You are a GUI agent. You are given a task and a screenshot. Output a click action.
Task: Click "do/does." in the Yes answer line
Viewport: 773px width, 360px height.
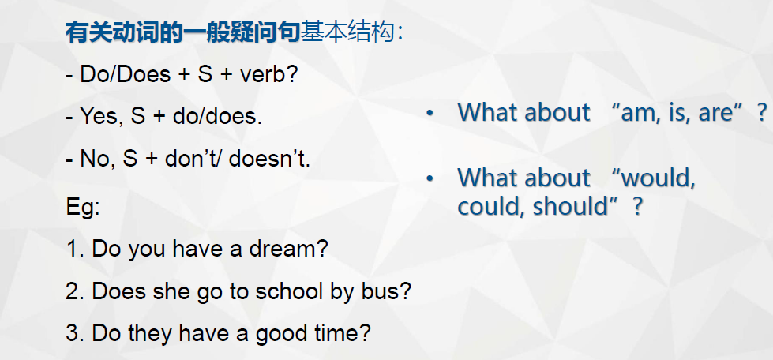(x=217, y=118)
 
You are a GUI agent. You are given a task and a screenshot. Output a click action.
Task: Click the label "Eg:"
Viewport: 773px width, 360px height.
(x=83, y=208)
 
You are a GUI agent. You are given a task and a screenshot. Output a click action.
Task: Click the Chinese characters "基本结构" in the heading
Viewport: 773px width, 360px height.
(x=348, y=33)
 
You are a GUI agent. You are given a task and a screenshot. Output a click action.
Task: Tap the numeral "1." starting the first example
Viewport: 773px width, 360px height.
(x=76, y=249)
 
